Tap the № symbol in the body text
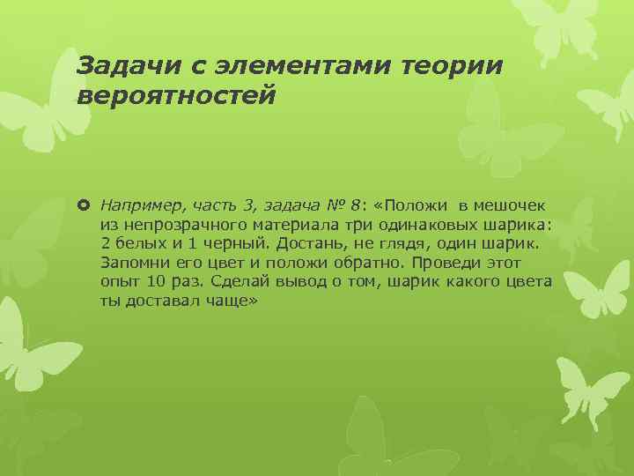(335, 205)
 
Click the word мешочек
(514, 205)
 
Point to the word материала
(277, 225)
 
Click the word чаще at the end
(226, 302)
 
